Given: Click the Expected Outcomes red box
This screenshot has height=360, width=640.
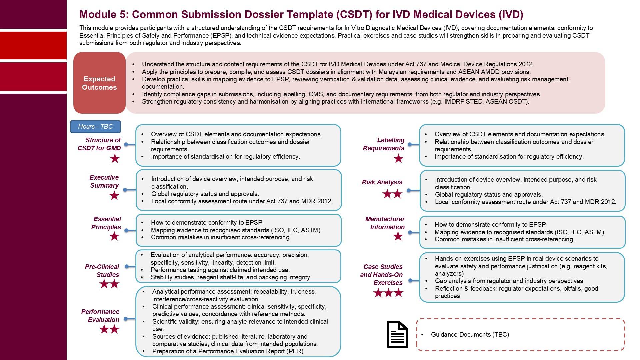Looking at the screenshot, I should coord(99,83).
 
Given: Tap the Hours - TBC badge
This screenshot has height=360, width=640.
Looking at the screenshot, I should coord(95,127).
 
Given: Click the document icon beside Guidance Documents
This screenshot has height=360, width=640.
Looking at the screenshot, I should coord(397,334).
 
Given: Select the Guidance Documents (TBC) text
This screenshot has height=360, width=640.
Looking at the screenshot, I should coord(470,335).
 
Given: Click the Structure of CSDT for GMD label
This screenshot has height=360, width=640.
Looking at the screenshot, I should coord(99,144).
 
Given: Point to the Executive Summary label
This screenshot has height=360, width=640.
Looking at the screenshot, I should coord(104,181).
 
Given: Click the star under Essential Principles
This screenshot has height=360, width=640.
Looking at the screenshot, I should coord(114,237).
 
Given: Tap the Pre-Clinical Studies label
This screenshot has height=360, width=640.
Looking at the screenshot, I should coord(102,271).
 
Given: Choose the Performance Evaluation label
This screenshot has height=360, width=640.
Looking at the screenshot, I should coord(100,316).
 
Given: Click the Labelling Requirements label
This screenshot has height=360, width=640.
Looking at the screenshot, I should coord(384,144).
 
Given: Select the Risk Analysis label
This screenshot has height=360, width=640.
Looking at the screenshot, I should coord(382,182).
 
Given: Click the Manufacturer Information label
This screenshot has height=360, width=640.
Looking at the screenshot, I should coord(385,223).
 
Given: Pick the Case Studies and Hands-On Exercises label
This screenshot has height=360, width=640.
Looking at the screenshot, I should coord(382,275).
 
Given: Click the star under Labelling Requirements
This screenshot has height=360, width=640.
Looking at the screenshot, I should coord(398,159).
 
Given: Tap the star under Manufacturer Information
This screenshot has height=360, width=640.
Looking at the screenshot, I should coord(398,237).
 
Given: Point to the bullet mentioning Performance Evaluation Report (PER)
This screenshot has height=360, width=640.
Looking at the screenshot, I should coord(228,351).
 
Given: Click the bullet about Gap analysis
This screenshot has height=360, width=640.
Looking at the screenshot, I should coord(509,281).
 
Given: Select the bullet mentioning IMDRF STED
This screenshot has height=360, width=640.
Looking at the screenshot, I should coord(335,102).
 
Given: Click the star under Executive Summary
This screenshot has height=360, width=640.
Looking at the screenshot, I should coord(114,196).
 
